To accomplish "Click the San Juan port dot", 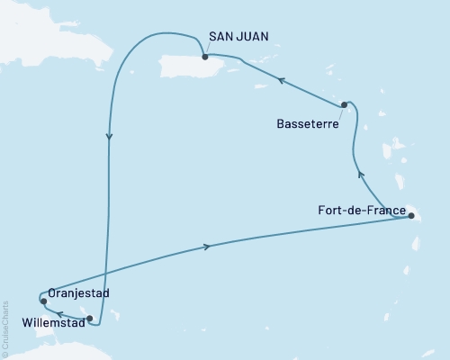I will click(x=205, y=57).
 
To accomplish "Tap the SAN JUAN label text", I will click(x=237, y=37).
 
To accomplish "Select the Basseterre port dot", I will click(x=345, y=104).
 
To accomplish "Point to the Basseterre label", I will click(x=308, y=126).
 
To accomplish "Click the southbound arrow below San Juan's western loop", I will click(x=109, y=138).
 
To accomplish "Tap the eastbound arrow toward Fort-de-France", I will click(x=209, y=247).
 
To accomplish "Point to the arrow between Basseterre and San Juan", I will click(x=282, y=81).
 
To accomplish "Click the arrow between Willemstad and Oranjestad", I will click(x=59, y=314).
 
